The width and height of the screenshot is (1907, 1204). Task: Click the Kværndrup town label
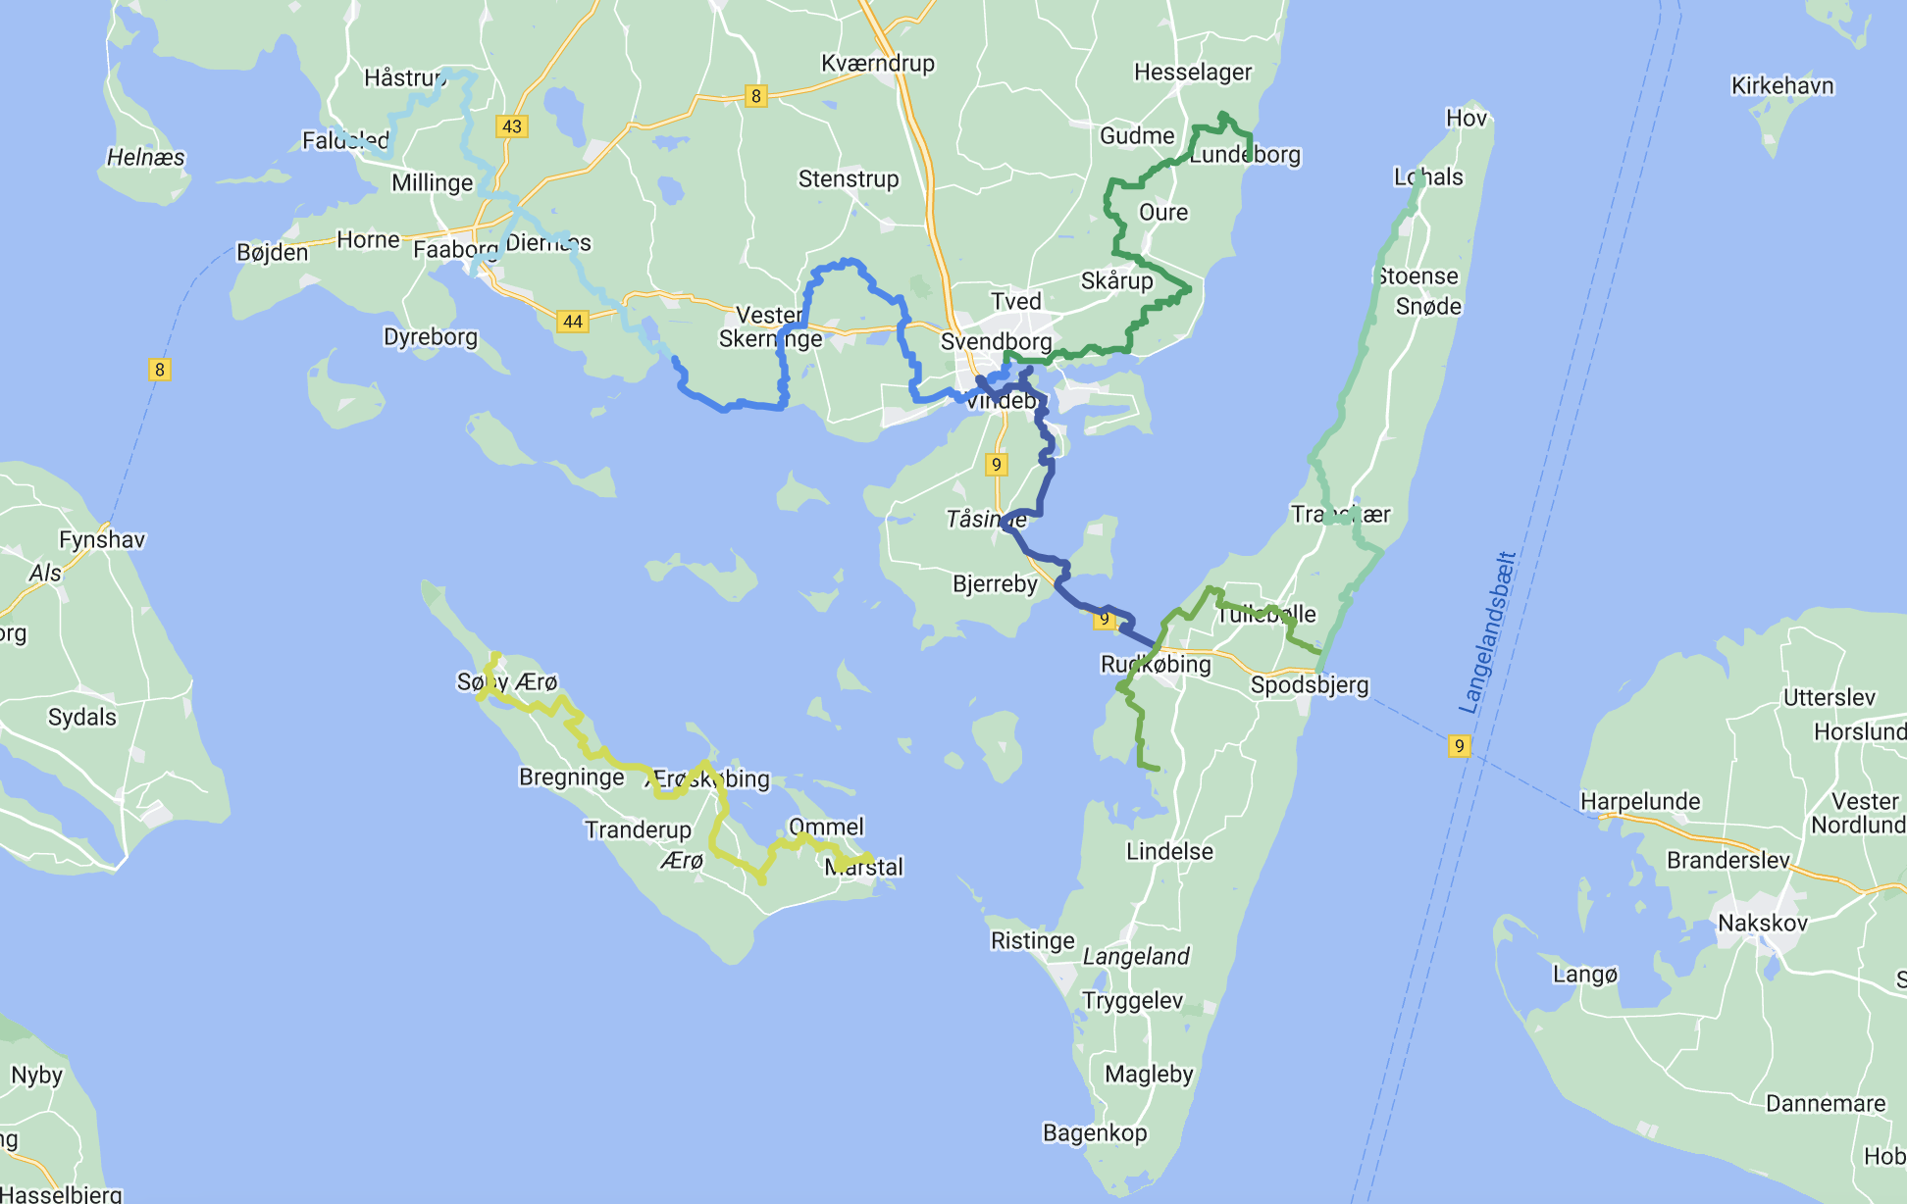point(877,64)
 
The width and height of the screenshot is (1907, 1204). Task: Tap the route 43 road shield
point(511,126)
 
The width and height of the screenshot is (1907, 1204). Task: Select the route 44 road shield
point(573,322)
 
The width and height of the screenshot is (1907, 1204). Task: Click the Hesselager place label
point(1192,73)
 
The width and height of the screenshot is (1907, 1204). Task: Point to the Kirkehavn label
point(1781,86)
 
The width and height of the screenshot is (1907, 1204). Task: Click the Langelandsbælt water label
point(1488,632)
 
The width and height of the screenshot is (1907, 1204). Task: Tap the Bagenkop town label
point(1094,1133)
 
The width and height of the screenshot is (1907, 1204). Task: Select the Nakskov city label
point(1762,924)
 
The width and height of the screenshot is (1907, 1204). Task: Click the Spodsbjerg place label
point(1309,685)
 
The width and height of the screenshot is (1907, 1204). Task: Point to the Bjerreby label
point(994,584)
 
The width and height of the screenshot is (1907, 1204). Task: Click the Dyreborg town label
point(430,337)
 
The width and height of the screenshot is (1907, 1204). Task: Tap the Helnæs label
point(145,158)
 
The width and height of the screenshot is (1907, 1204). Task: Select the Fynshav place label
point(101,540)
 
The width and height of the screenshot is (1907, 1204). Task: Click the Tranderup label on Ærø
point(638,830)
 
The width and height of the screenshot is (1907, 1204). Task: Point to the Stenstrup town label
point(848,179)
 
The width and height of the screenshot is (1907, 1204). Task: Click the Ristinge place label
point(1032,941)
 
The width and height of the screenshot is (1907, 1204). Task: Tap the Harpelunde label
point(1639,802)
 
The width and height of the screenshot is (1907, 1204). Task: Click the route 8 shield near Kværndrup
point(754,96)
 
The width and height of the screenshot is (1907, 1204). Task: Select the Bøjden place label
point(272,253)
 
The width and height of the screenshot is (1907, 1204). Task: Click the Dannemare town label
point(1825,1104)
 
